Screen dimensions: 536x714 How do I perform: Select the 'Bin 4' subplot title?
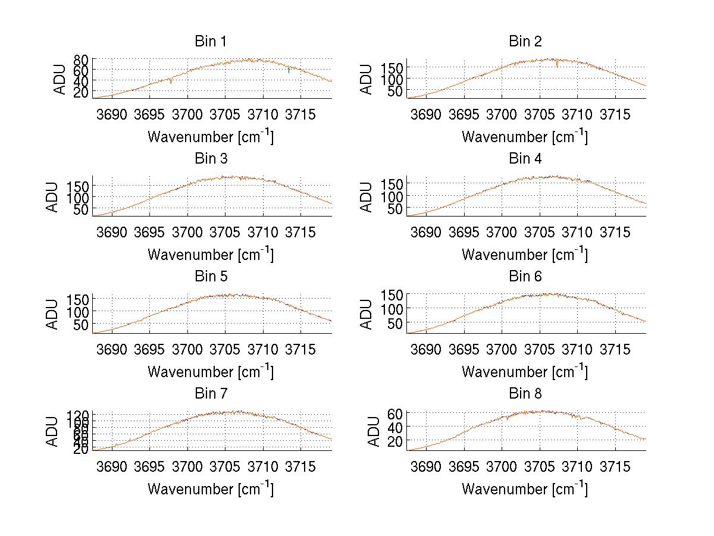525,159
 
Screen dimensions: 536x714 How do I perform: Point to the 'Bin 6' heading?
525,277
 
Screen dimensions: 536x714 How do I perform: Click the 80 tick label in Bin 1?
82,60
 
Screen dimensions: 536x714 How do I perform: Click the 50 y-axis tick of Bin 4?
396,209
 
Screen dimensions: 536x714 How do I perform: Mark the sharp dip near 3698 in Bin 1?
171,82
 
